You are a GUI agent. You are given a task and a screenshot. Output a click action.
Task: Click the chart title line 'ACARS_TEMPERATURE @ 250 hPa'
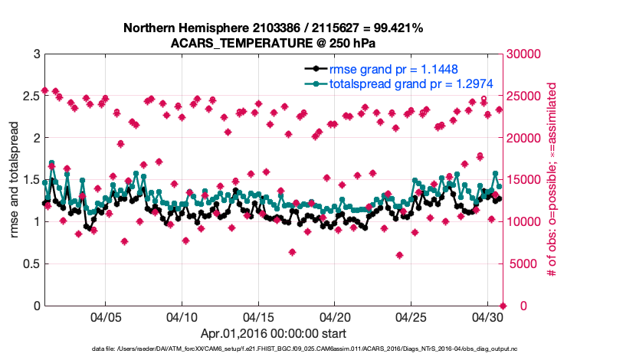pyautogui.click(x=273, y=42)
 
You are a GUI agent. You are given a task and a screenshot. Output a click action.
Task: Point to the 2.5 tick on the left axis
pyautogui.click(x=31, y=97)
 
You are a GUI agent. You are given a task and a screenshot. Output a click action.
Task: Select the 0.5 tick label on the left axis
pyautogui.click(x=31, y=264)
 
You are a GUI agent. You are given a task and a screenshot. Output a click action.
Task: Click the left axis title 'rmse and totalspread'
pyautogui.click(x=15, y=180)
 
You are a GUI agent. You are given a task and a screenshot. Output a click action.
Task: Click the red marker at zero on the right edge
pyautogui.click(x=502, y=306)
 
